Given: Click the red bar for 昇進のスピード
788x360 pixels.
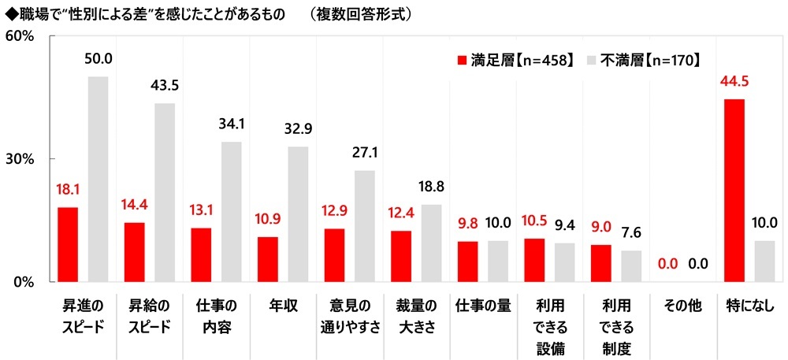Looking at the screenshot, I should [67, 244].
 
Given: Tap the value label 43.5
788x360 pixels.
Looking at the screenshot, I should [164, 86].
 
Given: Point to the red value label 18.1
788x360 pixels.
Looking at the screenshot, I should [67, 190].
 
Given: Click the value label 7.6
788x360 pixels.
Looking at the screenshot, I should [631, 233].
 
